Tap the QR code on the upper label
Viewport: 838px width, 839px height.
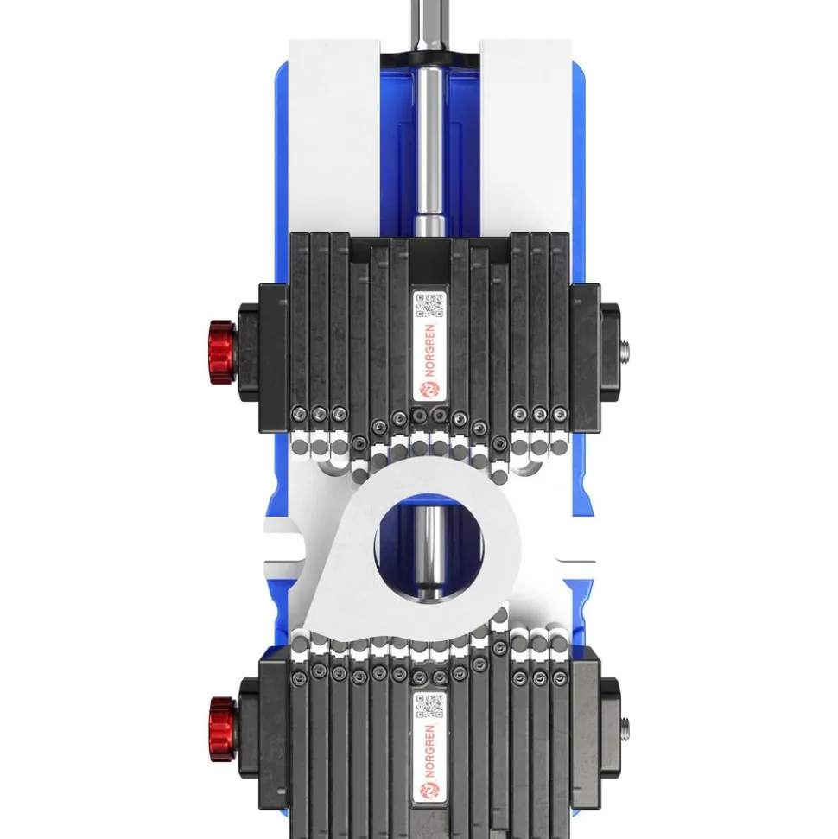[429, 305]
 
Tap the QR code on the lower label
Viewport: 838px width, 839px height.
[429, 706]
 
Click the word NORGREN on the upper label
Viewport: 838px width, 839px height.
[429, 351]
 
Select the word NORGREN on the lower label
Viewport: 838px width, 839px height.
[429, 752]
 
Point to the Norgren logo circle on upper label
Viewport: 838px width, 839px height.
[429, 390]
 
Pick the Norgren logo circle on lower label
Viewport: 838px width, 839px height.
[429, 791]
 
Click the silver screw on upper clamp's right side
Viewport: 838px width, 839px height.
[625, 352]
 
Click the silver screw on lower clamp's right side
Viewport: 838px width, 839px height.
[625, 728]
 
